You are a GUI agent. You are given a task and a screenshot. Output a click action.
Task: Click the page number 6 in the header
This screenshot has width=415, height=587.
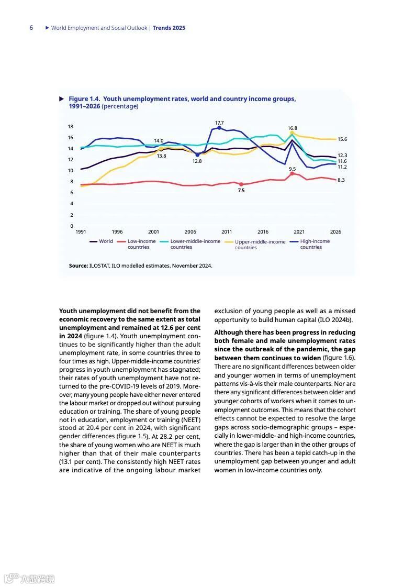pyautogui.click(x=31, y=28)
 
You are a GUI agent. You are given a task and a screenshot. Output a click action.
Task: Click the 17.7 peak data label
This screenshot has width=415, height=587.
pyautogui.click(x=219, y=123)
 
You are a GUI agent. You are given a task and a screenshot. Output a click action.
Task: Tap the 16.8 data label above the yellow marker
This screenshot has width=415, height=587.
pyautogui.click(x=292, y=128)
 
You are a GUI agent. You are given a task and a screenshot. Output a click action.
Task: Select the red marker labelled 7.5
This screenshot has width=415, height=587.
pyautogui.click(x=241, y=184)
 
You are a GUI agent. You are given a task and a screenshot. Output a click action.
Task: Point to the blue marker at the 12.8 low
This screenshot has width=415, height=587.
pyautogui.click(x=197, y=155)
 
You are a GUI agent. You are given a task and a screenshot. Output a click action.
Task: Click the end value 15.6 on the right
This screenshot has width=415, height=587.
pyautogui.click(x=342, y=139)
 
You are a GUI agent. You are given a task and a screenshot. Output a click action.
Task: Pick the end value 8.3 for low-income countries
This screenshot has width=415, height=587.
pyautogui.click(x=341, y=180)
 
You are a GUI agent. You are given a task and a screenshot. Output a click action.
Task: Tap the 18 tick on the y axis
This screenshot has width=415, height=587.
pyautogui.click(x=71, y=127)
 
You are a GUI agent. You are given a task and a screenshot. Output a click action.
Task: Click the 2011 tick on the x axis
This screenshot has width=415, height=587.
pyautogui.click(x=227, y=232)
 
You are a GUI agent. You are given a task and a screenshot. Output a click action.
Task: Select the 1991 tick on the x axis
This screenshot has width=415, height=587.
pyautogui.click(x=81, y=232)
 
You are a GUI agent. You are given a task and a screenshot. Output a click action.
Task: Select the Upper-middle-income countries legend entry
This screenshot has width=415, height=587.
pyautogui.click(x=260, y=245)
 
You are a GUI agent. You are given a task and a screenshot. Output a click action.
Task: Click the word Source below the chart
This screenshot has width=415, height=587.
pyautogui.click(x=78, y=266)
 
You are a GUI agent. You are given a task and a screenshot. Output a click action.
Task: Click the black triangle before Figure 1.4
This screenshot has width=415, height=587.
pyautogui.click(x=62, y=98)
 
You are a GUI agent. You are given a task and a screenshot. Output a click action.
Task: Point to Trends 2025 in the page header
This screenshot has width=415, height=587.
pyautogui.click(x=169, y=28)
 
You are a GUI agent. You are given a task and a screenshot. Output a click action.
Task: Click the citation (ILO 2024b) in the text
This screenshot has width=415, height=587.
pyautogui.click(x=335, y=320)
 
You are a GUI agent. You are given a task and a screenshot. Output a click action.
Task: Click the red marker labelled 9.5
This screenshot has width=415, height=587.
pyautogui.click(x=292, y=173)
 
